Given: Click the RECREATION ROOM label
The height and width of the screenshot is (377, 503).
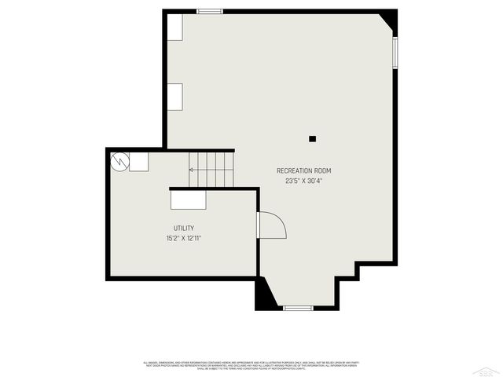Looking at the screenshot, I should tap(303, 170).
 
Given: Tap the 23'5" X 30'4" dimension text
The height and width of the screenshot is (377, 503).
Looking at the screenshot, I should tap(303, 181).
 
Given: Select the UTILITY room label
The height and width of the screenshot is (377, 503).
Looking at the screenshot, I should tap(184, 229).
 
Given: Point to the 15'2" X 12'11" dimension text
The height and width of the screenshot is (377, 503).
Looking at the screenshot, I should tap(184, 238).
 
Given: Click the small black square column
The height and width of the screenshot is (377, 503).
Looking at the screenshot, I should tap(312, 139).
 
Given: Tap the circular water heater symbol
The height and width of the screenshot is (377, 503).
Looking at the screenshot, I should tap(119, 161).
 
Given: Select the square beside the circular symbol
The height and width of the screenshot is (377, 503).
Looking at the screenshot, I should tap(138, 161).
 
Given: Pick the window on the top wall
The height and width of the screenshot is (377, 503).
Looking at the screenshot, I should tap(209, 11).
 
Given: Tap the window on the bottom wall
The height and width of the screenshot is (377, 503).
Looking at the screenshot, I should tap(299, 308).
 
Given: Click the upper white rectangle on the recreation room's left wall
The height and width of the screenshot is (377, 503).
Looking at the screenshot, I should tap(174, 27).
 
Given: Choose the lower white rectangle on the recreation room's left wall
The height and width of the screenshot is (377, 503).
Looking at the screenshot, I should tap(174, 97).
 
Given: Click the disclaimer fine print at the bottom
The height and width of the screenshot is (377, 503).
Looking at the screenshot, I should tap(251, 364).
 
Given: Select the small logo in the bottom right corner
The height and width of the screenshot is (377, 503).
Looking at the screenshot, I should tap(489, 368).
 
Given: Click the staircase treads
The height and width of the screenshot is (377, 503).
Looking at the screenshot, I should tap(212, 169).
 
